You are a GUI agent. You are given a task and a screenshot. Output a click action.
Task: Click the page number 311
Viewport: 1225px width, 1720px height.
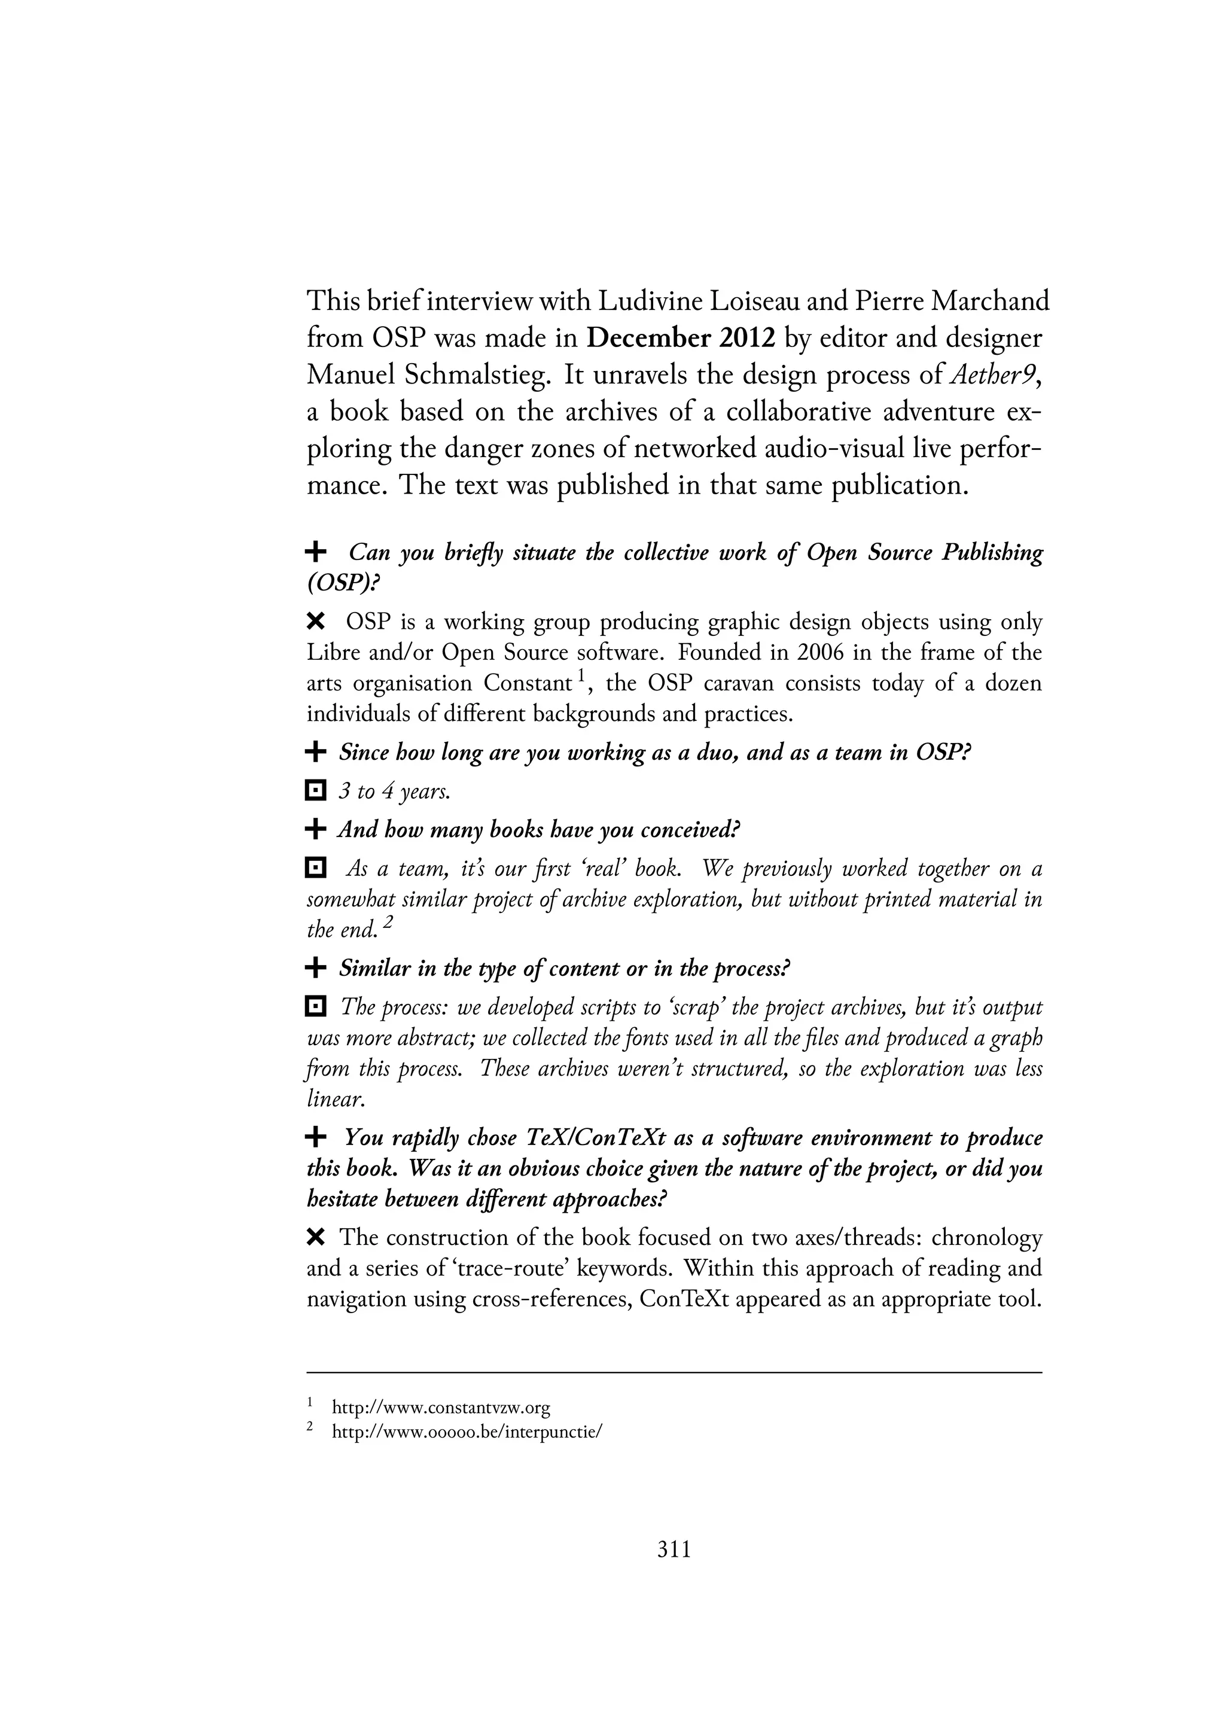pos(674,1549)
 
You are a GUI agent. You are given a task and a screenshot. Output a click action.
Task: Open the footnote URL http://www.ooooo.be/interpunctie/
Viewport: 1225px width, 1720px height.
pos(467,1431)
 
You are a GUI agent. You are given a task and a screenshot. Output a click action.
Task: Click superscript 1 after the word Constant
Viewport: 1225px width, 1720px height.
pos(581,676)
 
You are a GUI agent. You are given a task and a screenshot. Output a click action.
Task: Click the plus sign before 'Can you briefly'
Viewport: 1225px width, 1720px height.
pos(315,552)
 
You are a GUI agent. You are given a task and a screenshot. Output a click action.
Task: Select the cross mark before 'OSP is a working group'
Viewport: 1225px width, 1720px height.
pos(315,622)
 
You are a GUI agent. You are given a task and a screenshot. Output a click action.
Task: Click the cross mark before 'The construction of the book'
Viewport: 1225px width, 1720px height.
pos(315,1237)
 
